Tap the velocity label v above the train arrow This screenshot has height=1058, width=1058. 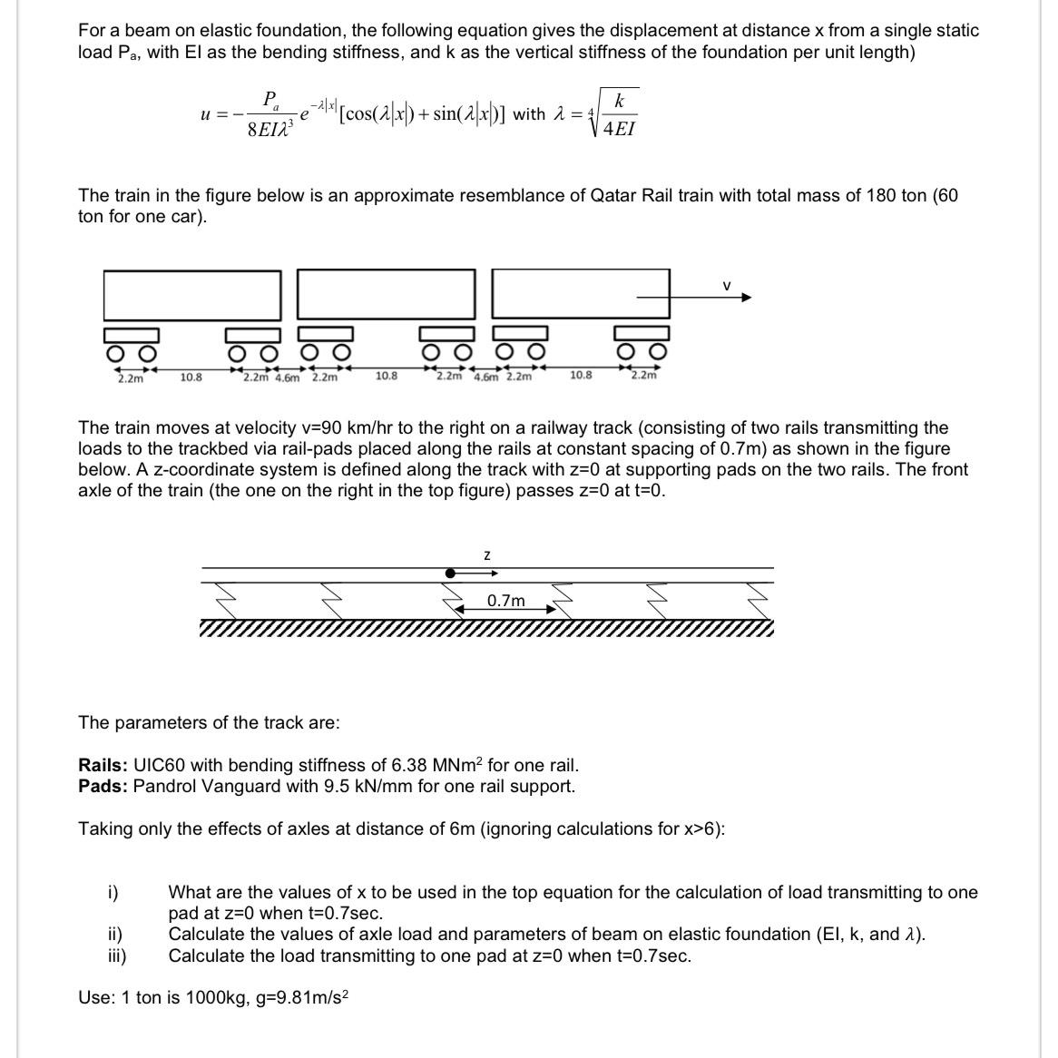coord(726,286)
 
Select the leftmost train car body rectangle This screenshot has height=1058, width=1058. coord(192,295)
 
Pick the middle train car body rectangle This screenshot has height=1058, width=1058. coord(387,295)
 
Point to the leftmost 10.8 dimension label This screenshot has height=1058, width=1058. coord(191,376)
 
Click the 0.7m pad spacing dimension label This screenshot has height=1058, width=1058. coord(505,601)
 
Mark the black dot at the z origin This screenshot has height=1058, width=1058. coord(450,573)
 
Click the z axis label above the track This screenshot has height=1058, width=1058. coord(487,553)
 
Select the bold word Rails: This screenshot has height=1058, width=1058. coord(103,765)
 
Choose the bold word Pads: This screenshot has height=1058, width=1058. coord(103,786)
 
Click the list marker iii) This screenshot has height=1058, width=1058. coord(116,955)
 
